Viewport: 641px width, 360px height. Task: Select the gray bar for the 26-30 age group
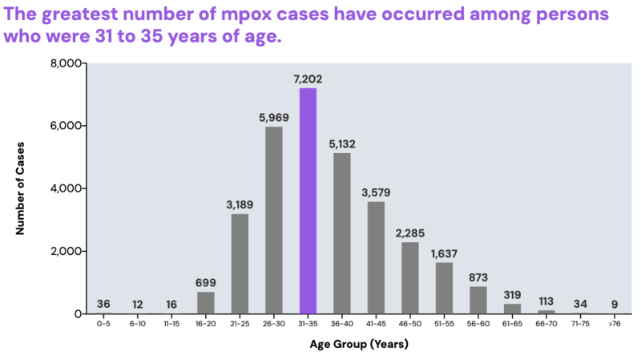point(273,220)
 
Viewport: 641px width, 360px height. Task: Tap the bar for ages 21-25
point(240,263)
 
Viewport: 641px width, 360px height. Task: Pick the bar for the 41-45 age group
point(376,257)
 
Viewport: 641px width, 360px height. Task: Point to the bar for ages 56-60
point(478,300)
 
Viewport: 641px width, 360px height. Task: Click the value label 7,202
point(308,79)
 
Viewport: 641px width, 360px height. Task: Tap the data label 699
point(205,283)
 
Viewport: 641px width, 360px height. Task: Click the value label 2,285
point(409,233)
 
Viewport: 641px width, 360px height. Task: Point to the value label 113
point(546,301)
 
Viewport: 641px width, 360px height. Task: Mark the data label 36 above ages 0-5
point(103,304)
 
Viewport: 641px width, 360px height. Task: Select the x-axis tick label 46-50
point(409,324)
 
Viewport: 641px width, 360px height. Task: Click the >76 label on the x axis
point(615,324)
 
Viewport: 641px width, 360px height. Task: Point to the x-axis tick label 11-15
point(171,324)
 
